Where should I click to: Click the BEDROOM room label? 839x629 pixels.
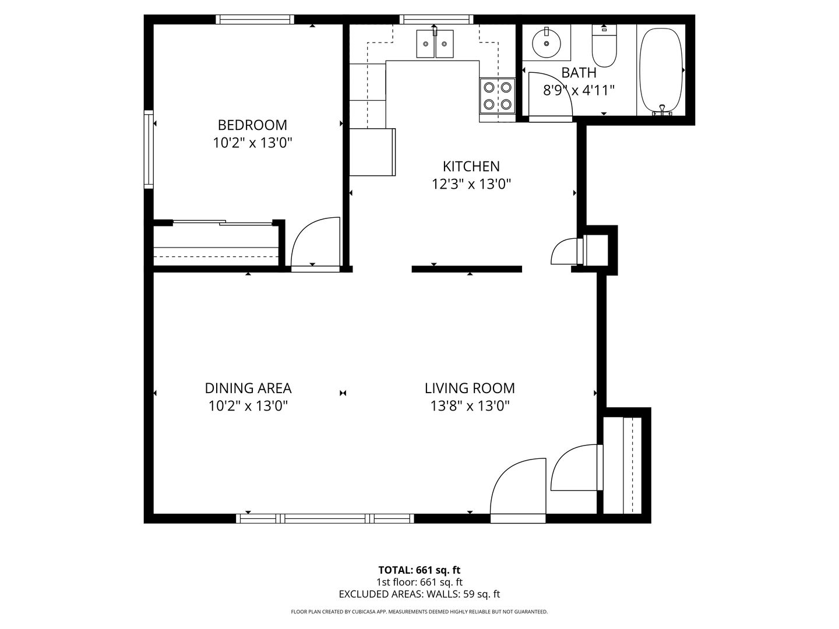252,125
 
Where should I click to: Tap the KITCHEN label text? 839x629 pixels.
471,166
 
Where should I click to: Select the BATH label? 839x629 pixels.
579,73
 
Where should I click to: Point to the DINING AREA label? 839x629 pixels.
248,388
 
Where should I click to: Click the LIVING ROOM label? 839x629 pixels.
470,388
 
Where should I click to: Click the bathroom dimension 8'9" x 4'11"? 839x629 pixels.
579,90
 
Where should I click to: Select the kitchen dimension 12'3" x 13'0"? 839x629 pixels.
471,184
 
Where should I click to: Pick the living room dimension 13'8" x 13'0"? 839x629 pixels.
470,405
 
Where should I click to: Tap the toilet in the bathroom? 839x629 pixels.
604,46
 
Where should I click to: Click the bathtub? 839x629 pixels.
661,70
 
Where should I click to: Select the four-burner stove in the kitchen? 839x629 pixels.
498,96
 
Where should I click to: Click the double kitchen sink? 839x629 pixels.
435,44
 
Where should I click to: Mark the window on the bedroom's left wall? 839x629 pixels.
149,149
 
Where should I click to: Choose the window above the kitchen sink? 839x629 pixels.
436,19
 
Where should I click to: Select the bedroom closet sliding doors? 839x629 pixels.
223,222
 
